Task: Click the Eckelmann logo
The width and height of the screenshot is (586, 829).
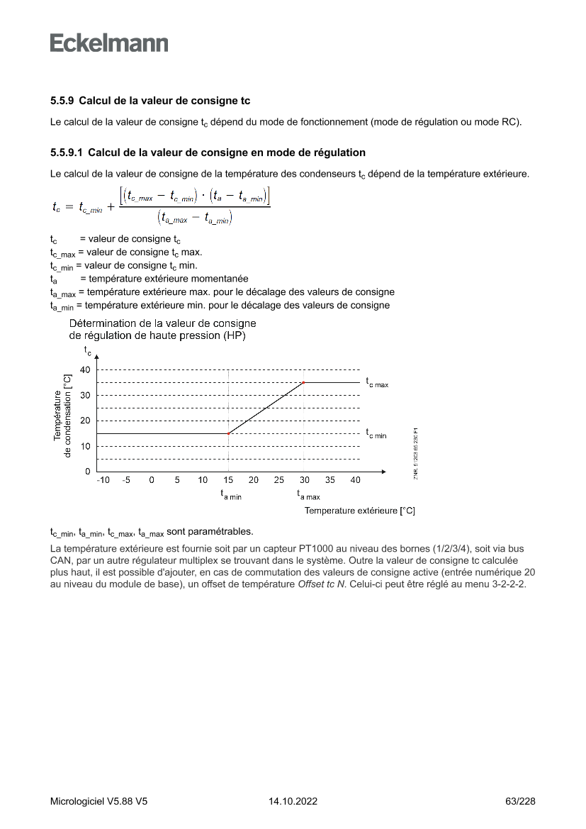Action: click(x=109, y=43)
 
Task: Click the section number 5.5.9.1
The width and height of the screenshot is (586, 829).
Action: click(x=67, y=152)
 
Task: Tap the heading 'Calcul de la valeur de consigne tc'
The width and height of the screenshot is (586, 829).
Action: click(x=169, y=101)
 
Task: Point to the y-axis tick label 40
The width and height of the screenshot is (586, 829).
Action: click(x=85, y=369)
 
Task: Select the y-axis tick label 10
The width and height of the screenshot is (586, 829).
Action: click(x=85, y=446)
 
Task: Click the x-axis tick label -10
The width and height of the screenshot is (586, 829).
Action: click(x=103, y=480)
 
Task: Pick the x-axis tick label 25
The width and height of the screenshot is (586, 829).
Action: click(x=278, y=480)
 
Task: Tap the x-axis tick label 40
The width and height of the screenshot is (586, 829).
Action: click(x=355, y=480)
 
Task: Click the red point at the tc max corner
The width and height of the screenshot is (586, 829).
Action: click(x=304, y=382)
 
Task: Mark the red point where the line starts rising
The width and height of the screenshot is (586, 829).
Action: click(x=228, y=433)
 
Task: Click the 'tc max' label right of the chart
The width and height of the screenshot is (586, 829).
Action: click(x=377, y=382)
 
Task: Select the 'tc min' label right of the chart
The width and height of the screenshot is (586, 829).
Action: click(x=376, y=433)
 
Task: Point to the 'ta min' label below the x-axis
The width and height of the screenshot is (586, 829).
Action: click(x=231, y=495)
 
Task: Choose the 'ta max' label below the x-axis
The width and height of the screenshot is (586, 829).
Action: click(x=308, y=495)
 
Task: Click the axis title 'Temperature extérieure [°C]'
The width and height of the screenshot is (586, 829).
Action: click(x=359, y=511)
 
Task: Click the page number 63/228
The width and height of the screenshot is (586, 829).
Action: click(x=521, y=801)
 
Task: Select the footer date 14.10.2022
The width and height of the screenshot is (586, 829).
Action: click(x=293, y=801)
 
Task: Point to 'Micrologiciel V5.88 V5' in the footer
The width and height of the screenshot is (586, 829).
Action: click(x=98, y=801)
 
